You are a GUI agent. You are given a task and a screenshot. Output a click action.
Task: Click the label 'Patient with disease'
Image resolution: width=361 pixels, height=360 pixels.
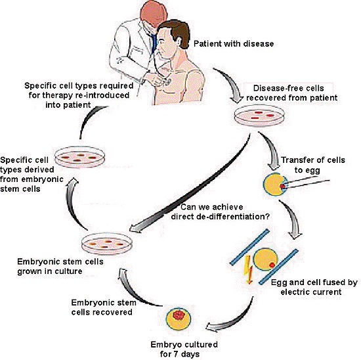click(234, 43)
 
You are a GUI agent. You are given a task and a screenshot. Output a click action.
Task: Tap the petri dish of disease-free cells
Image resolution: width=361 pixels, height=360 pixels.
click(259, 116)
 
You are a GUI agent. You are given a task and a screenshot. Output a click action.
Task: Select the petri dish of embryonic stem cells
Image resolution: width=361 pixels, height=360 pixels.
click(107, 244)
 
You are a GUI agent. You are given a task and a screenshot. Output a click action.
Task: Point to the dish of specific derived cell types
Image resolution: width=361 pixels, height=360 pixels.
click(79, 157)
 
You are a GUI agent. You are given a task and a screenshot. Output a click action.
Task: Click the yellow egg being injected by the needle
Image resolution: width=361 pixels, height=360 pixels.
click(276, 185)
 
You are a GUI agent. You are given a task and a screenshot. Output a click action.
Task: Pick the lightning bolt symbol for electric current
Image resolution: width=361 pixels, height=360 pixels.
click(249, 269)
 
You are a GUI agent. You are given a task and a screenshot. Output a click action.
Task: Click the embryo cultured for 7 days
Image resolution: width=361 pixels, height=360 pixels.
click(179, 318)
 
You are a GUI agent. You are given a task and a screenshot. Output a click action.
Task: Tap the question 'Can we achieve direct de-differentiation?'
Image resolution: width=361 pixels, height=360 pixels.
click(220, 212)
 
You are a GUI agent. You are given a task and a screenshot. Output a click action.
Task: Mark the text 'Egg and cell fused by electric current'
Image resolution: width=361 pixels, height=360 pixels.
click(314, 287)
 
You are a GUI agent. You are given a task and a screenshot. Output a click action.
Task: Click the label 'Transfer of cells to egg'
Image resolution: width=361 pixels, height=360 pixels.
click(312, 165)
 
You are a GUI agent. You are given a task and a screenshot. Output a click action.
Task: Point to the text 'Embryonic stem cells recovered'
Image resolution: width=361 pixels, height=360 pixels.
click(103, 307)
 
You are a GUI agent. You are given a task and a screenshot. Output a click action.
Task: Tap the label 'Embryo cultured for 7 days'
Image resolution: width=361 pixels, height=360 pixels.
click(184, 349)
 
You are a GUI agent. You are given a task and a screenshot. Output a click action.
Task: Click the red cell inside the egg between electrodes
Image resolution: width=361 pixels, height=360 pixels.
click(272, 265)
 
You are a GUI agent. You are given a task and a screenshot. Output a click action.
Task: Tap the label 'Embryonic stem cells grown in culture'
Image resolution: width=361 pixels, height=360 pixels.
click(60, 266)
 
